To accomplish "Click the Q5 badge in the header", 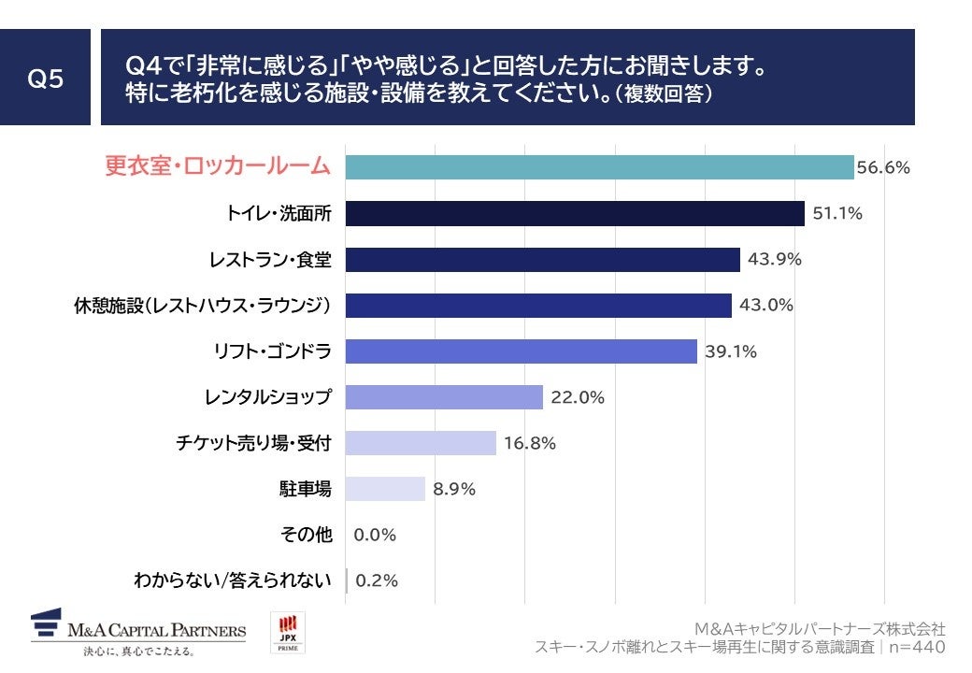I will point(45,79).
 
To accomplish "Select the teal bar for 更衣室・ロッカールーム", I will point(599,167).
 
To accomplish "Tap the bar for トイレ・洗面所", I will point(575,213).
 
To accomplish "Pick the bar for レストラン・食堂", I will point(542,259).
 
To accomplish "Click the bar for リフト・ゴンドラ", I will point(521,351).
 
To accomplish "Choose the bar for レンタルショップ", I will point(444,397).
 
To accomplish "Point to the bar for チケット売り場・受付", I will point(421,443).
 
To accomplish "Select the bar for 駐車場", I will point(385,489).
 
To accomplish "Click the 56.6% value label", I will point(883,168).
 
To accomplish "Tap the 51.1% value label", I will point(836,214).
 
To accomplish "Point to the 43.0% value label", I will point(763,306).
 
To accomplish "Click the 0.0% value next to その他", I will point(376,535).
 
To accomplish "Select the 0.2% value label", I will point(377,580).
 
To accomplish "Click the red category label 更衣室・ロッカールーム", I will point(217,167).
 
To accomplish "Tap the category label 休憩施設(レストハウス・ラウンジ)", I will point(203,306).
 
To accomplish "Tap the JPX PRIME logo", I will point(287,633).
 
